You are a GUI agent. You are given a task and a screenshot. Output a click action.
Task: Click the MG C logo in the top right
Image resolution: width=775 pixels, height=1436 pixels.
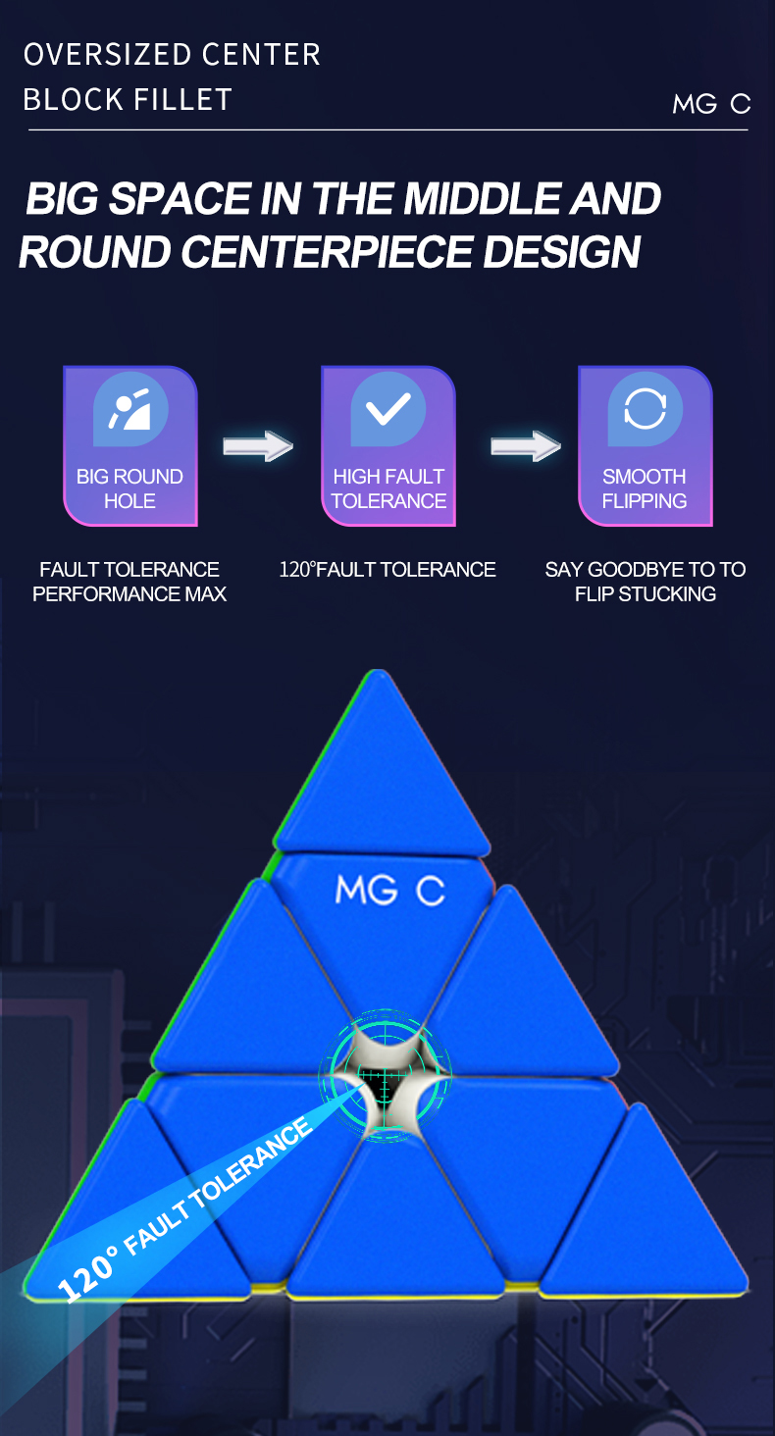click(710, 104)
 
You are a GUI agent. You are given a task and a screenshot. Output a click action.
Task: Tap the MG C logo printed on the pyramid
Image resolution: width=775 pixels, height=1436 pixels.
click(389, 891)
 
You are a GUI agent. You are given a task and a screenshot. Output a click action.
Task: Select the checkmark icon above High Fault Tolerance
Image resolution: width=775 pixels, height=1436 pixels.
click(388, 409)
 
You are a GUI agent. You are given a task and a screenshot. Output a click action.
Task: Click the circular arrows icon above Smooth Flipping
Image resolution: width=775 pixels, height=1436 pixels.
click(645, 409)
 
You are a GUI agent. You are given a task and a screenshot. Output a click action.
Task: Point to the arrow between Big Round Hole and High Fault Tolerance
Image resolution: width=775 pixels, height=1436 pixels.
click(258, 447)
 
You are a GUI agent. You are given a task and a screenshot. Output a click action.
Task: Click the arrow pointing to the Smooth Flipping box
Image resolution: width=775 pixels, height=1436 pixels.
click(525, 447)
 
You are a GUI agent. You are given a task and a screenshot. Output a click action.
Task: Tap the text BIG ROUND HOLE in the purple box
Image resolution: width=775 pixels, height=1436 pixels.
click(129, 488)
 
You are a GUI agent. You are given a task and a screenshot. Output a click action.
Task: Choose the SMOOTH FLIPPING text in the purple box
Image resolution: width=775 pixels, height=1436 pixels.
click(645, 488)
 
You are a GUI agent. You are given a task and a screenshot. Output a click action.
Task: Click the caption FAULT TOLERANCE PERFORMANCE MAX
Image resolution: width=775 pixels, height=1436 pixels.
click(129, 582)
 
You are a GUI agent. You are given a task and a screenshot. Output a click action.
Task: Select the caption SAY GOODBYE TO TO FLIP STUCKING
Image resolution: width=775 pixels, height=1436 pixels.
click(645, 582)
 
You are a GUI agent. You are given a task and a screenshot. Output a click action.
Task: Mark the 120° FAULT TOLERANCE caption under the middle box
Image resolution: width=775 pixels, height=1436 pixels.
click(387, 570)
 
